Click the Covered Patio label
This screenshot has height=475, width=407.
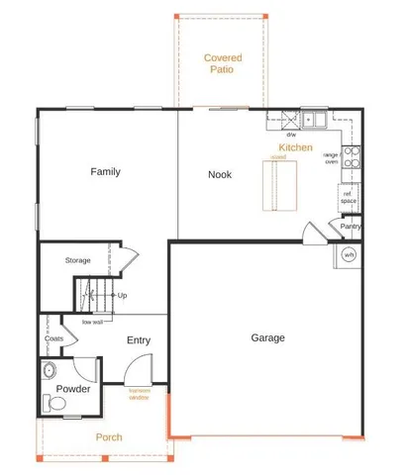point(223,64)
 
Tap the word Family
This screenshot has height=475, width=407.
point(105,172)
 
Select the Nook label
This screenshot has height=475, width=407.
point(220,174)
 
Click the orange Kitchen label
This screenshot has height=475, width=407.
point(295,147)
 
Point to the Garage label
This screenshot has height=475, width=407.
point(267,337)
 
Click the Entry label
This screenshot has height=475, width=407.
point(139,340)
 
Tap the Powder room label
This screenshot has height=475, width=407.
point(73,389)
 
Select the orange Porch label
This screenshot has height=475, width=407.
point(108,436)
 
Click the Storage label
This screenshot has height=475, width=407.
point(78,260)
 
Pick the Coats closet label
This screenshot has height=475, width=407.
point(53,338)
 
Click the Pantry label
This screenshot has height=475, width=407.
point(350,226)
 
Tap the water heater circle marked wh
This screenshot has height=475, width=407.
point(349,254)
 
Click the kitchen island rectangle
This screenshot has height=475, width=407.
point(277,186)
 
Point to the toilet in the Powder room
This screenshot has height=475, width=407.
point(51,403)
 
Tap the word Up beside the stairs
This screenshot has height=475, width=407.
point(122,295)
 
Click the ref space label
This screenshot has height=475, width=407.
point(348,197)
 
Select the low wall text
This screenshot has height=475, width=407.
point(93,321)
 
